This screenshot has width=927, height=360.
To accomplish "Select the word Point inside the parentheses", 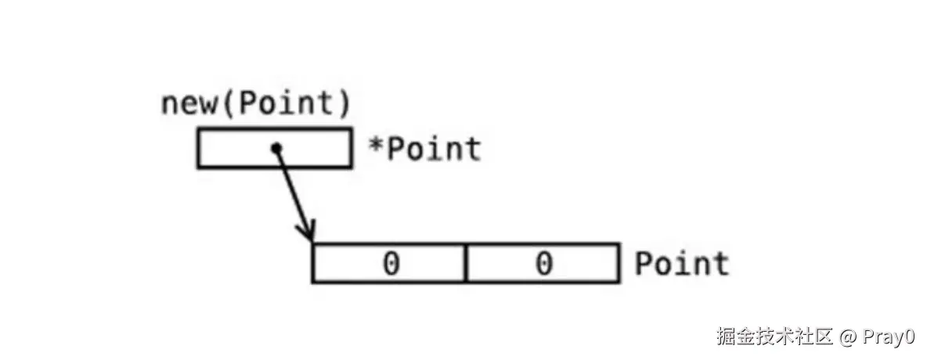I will coord(283,105).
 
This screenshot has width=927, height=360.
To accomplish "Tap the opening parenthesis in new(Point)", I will coord(226,105).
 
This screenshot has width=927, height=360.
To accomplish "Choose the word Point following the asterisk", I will coord(433,149).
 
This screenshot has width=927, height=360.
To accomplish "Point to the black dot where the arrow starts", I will coord(275,148).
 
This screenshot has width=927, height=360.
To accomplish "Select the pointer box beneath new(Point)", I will coord(235,149).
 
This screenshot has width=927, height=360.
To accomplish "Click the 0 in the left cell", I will coord(390,264).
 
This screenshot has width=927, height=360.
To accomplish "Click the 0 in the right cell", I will coord(543,264).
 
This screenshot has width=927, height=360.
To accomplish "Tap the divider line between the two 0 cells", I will coord(467,263).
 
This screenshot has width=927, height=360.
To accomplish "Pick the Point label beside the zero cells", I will coord(681,264).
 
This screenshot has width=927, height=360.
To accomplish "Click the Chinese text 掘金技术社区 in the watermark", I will coord(774,337).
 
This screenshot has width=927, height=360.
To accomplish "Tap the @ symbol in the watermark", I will coord(848,338).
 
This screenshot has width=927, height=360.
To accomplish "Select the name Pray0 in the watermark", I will coord(888,338).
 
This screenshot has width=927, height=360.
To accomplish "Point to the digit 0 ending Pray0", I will coord(908,338).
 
